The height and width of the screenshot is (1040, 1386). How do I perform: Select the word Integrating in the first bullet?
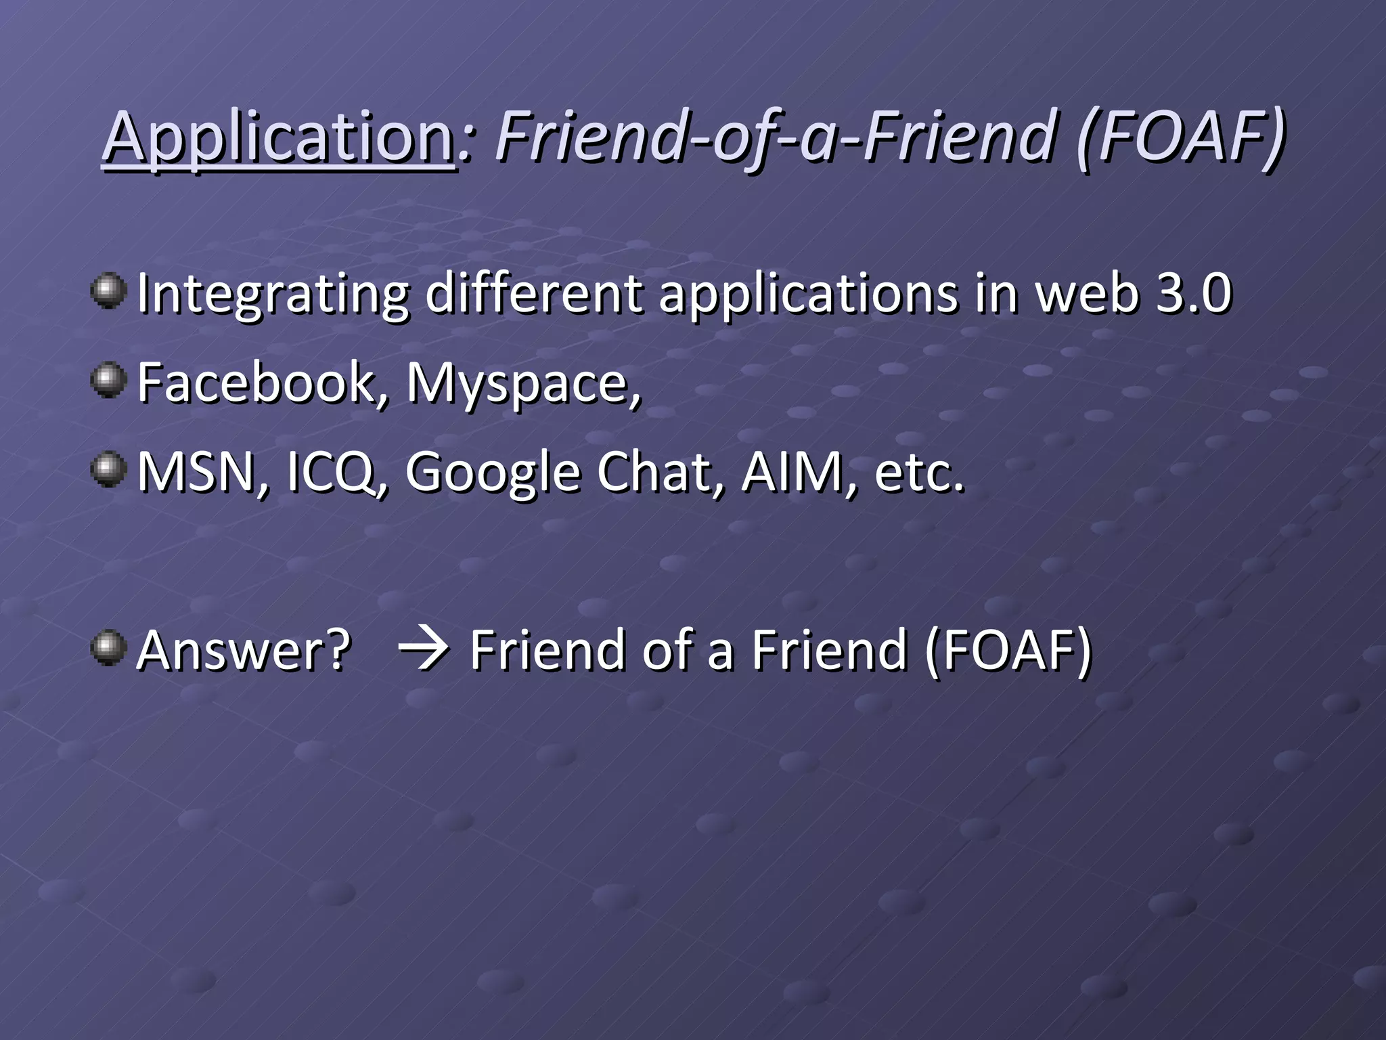[x=273, y=294]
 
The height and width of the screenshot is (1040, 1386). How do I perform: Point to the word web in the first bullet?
[x=1088, y=294]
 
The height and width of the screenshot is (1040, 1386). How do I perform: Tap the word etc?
[x=919, y=472]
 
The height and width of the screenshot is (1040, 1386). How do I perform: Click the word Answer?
[x=244, y=649]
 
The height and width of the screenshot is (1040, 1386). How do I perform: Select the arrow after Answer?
[x=423, y=649]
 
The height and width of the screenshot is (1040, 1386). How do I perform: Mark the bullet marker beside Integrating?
[x=108, y=290]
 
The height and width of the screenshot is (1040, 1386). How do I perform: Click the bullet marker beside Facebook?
[x=108, y=380]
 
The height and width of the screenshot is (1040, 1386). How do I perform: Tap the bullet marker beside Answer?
[x=108, y=647]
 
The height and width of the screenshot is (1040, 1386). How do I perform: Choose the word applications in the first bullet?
[x=810, y=294]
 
